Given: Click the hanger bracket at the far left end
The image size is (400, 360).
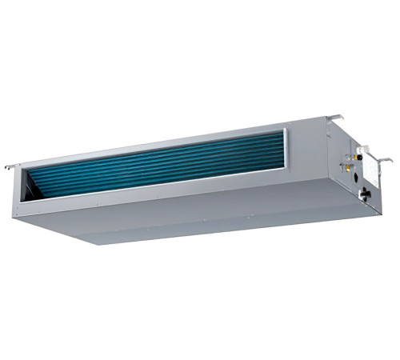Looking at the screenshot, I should coord(10,167).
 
